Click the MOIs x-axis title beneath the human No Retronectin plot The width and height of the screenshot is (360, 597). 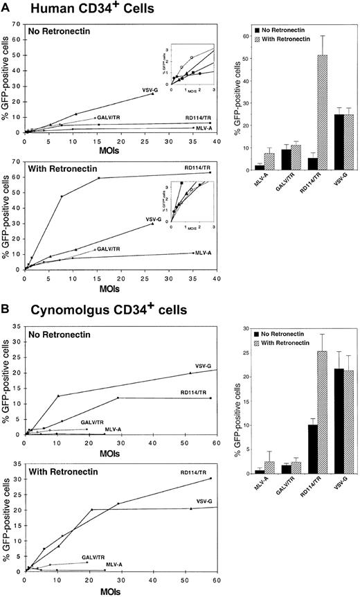(119, 148)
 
